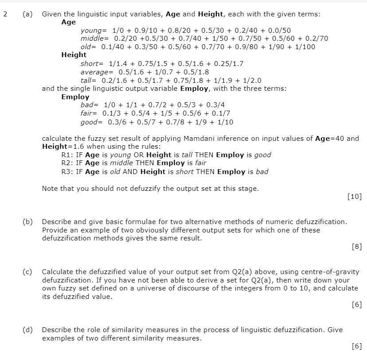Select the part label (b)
tap(27, 221)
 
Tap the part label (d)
tap(27, 330)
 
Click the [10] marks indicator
tap(355, 197)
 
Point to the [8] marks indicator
tap(357, 247)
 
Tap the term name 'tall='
tap(88, 80)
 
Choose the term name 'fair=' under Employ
tap(89, 113)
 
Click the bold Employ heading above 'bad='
tap(75, 97)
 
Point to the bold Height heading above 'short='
tap(74, 55)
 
